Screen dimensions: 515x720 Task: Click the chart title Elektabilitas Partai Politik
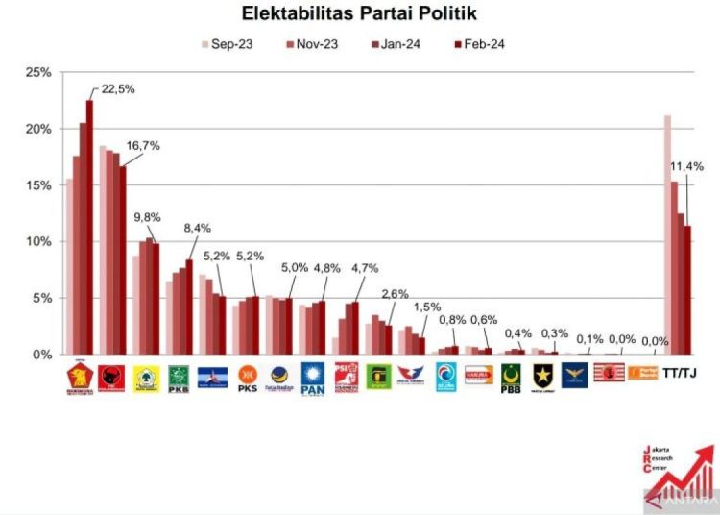point(359,14)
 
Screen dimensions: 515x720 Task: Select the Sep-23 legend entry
point(227,44)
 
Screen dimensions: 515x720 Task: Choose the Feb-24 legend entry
point(479,44)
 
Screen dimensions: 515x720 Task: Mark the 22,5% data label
point(117,89)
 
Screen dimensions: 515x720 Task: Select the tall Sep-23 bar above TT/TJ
point(667,234)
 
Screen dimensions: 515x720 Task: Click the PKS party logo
point(246,374)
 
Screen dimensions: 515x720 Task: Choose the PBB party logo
point(511,376)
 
